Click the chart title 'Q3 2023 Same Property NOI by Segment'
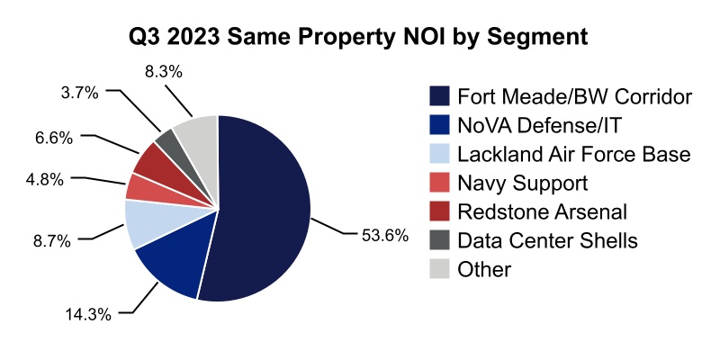coord(360,37)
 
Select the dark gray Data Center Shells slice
coord(166,140)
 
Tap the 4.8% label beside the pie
coord(44,179)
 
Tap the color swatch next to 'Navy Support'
coord(439,183)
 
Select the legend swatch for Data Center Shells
coord(439,240)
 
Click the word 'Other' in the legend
coord(484,269)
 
